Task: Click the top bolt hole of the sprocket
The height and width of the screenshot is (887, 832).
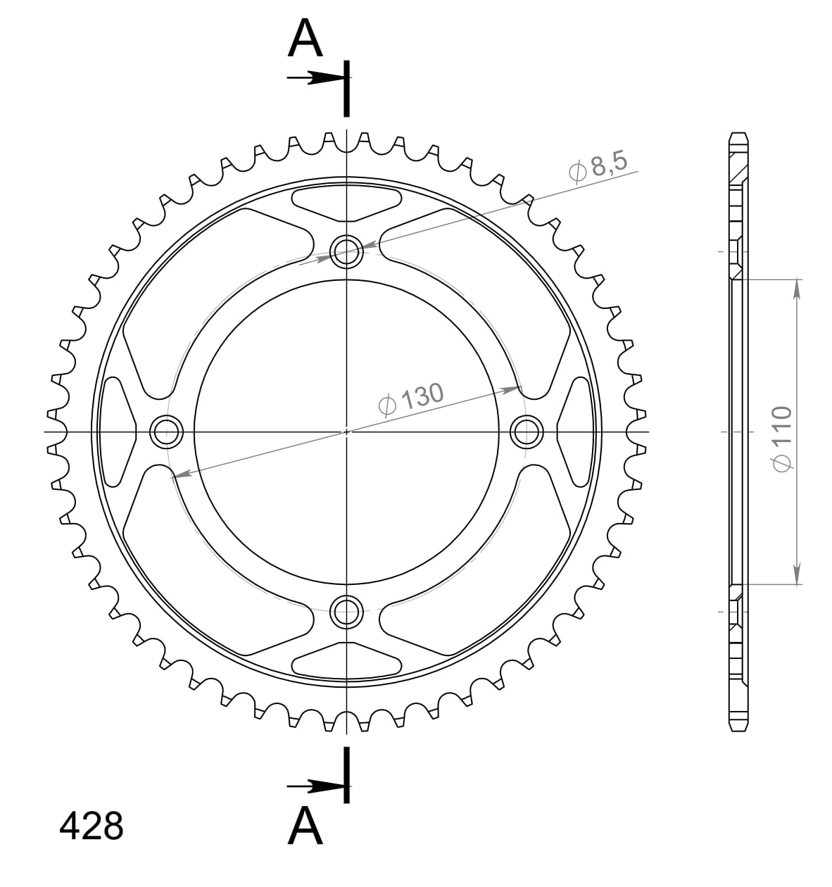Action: pyautogui.click(x=346, y=251)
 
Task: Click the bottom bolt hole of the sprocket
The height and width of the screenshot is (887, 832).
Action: pyautogui.click(x=346, y=610)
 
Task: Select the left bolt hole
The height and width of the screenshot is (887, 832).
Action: pyautogui.click(x=167, y=431)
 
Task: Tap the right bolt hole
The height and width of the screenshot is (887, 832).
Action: pyautogui.click(x=526, y=431)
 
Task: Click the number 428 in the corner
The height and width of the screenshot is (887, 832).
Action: pyautogui.click(x=92, y=826)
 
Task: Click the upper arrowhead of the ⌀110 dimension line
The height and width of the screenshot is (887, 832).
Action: pyautogui.click(x=797, y=288)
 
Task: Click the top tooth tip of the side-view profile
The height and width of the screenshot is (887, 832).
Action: pyautogui.click(x=738, y=134)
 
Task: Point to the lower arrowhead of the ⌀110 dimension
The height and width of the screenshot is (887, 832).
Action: pyautogui.click(x=797, y=575)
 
